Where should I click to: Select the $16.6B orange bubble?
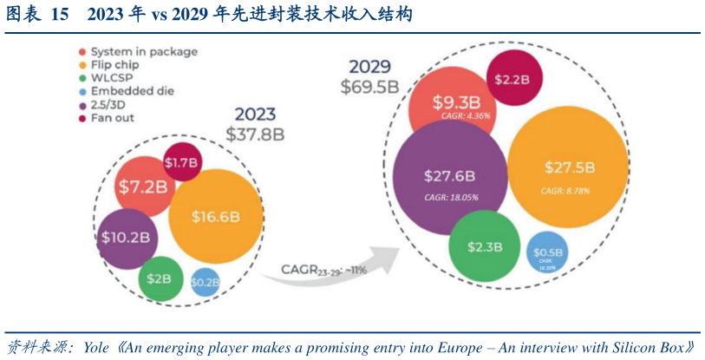coord(211,217)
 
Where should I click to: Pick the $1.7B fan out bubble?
coord(182,162)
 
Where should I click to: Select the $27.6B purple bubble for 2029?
coord(449,177)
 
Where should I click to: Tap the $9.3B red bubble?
coord(451,102)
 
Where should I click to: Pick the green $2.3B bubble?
coord(485,247)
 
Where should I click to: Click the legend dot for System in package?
coord(82,52)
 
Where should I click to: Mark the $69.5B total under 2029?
coord(370,87)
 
